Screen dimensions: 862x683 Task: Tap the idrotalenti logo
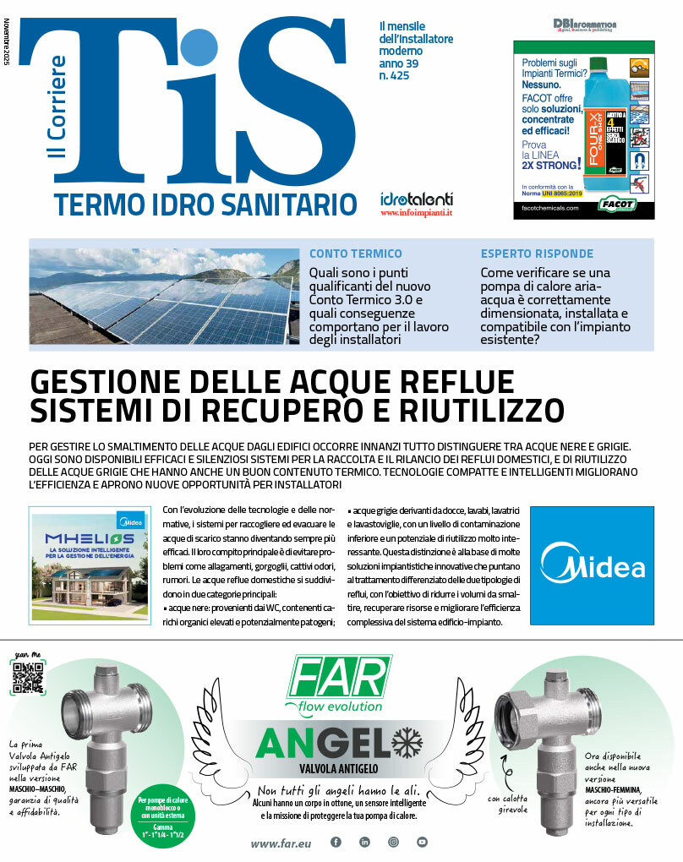417,199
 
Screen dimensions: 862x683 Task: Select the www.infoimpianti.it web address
417,214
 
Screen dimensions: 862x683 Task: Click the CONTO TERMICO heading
355,254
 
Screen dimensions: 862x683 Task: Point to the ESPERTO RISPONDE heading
537,254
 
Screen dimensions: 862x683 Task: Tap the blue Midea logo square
592,565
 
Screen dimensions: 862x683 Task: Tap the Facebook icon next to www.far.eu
336,842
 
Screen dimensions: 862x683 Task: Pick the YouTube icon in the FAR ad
422,842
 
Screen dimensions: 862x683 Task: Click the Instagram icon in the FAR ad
393,842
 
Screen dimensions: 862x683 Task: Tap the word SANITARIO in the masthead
292,204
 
